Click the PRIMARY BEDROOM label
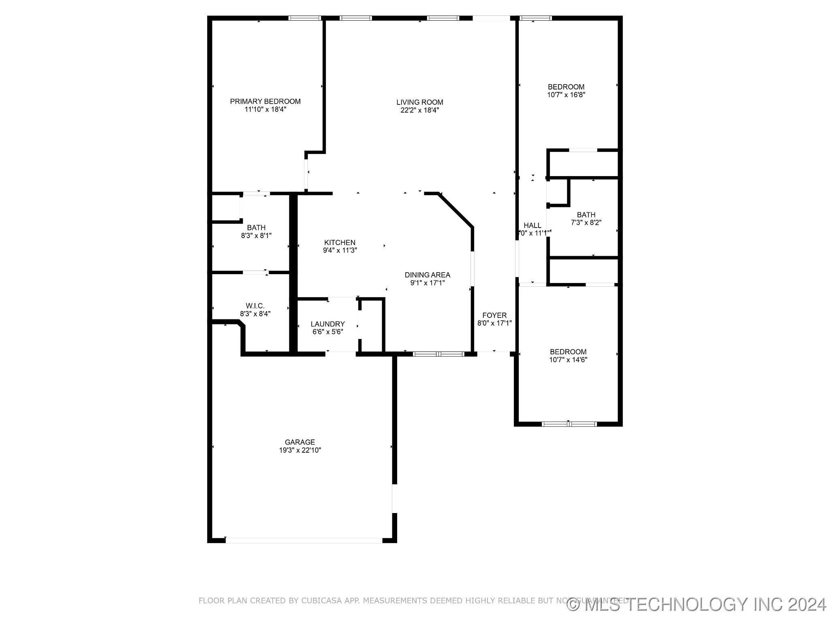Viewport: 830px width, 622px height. coord(265,102)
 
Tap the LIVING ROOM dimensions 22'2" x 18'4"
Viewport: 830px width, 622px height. coord(419,110)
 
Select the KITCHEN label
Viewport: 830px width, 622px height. coord(340,243)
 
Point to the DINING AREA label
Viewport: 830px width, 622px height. coord(427,275)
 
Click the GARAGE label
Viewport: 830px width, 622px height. coord(299,442)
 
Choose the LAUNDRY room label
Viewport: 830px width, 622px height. coord(327,324)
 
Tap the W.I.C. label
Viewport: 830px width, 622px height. coord(255,306)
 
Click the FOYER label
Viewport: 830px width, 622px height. coord(494,315)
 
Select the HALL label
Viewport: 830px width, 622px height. coord(532,226)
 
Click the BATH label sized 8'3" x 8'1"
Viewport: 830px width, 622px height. coord(256,228)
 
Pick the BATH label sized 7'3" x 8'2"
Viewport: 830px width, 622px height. coord(586,215)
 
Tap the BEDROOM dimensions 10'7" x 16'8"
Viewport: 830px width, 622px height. coord(566,95)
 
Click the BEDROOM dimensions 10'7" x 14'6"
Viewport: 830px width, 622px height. coord(568,360)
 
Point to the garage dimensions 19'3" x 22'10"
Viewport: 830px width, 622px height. coord(300,450)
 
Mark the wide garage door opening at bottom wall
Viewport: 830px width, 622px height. coord(304,540)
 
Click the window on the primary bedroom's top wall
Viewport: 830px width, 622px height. coord(305,18)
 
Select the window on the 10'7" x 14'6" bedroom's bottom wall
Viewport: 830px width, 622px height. coord(569,424)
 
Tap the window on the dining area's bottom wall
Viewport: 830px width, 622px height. coord(439,354)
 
